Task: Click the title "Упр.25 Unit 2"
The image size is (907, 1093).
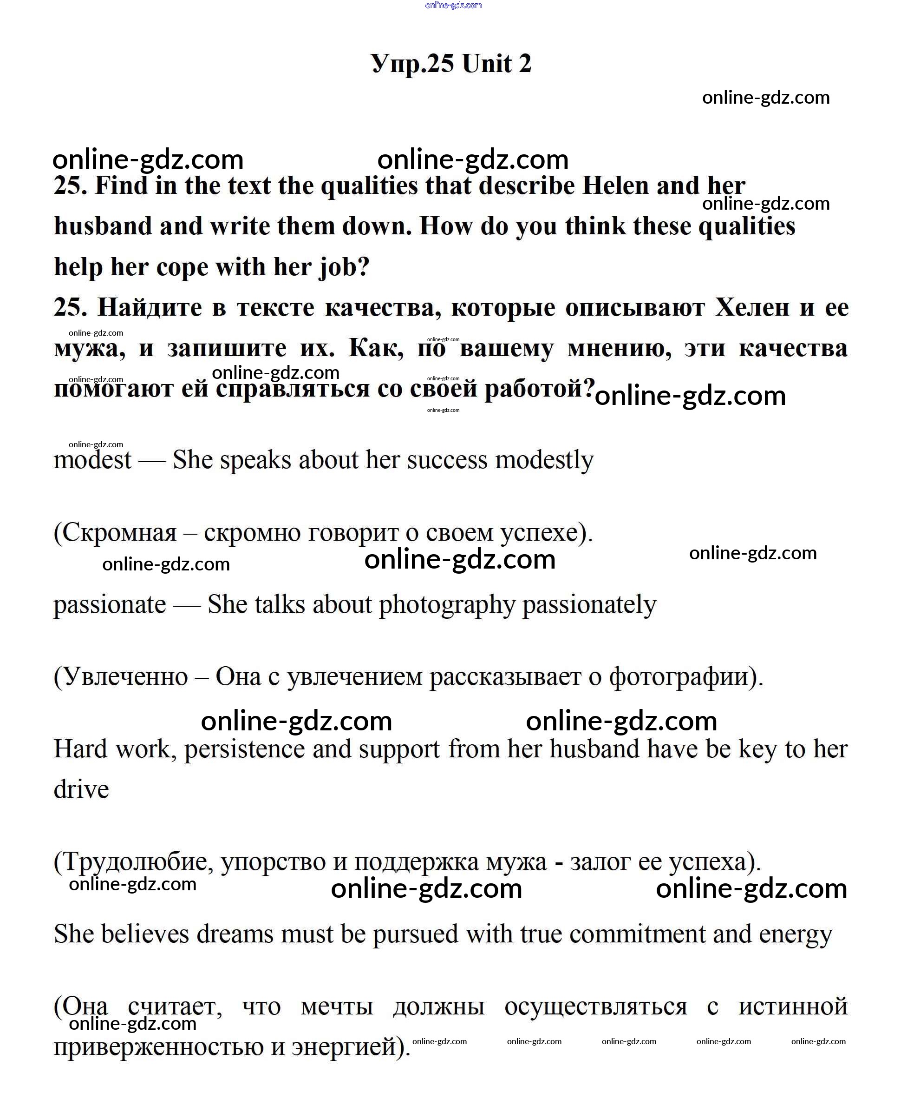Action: point(451,64)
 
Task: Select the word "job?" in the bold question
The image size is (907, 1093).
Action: point(343,267)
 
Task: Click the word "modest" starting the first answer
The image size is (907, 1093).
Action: point(92,460)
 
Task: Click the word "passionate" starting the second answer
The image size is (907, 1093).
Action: point(110,605)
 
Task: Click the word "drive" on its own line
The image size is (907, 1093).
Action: point(81,790)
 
